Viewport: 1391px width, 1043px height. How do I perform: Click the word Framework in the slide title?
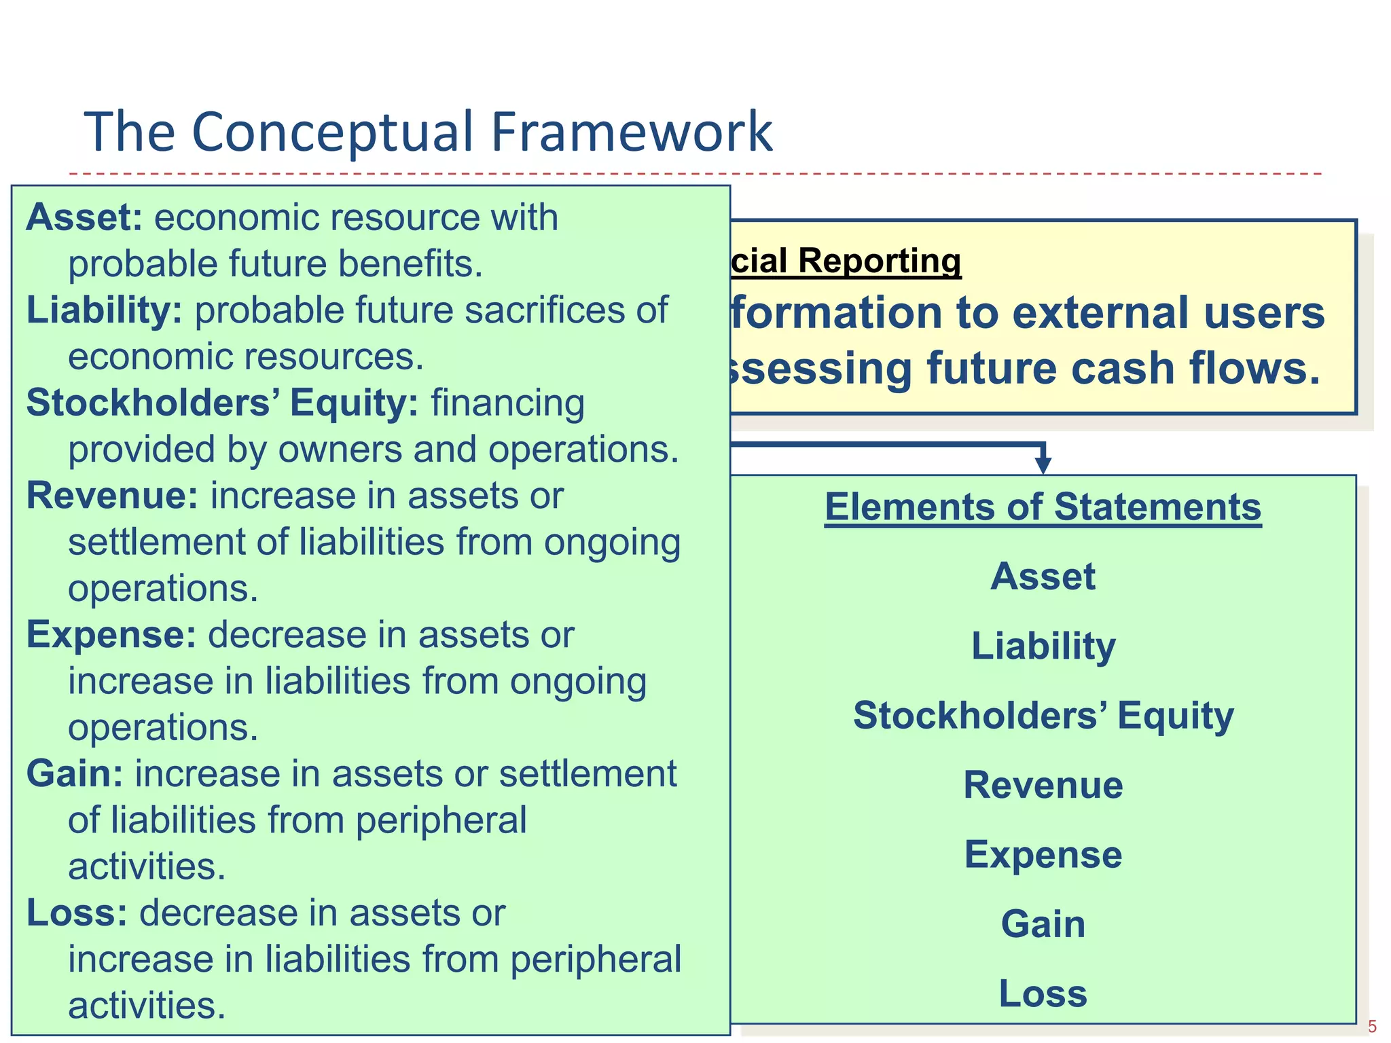pos(631,132)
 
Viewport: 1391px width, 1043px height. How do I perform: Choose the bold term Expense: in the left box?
pos(111,635)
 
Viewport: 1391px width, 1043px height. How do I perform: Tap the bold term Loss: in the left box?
pos(77,913)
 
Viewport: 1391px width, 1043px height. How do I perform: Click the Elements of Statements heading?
pos(1043,507)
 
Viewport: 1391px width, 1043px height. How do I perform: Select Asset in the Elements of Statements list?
pos(1043,577)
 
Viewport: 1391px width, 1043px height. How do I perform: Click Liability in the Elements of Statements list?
pos(1043,646)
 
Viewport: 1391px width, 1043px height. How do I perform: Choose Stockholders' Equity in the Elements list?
pos(1043,716)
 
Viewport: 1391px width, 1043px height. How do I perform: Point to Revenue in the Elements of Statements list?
pos(1043,785)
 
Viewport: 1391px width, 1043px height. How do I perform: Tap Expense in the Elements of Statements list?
pos(1043,854)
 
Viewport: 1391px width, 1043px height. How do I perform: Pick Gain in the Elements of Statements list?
pos(1043,924)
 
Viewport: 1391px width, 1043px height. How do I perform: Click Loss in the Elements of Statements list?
pos(1043,993)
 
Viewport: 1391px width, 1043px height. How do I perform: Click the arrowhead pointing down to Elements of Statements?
pos(1043,464)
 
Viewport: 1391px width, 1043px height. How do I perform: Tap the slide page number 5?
pos(1372,1027)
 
